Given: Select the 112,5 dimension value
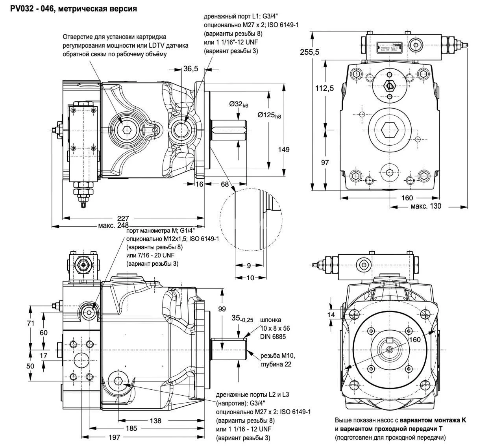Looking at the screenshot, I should [x=325, y=88].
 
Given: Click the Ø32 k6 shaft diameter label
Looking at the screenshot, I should [x=239, y=105].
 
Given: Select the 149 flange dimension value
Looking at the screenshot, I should [x=284, y=149].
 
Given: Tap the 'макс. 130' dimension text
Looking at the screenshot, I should [x=426, y=206].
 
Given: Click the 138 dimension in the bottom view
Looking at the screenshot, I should [x=155, y=420].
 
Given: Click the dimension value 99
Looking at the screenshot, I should [x=222, y=309].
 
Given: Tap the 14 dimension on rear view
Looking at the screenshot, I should [x=331, y=315].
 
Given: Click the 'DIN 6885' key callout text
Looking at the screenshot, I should [x=273, y=337].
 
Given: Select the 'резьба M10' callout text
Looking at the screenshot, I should [x=277, y=356].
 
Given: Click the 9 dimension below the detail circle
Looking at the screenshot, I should [x=249, y=266].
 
